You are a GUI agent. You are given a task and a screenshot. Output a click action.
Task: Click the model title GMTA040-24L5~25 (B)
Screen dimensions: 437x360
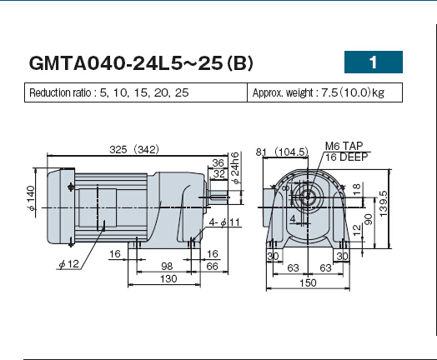[x=141, y=63]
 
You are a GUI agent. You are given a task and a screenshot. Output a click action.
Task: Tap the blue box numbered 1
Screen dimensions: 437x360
[x=374, y=62]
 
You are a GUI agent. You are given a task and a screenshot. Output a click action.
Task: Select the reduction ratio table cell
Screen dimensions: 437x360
[x=136, y=92]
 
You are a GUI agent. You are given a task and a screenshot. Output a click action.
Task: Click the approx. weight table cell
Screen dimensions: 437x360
[x=324, y=92]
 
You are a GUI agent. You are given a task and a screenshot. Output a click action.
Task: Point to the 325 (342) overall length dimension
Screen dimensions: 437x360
[x=134, y=149]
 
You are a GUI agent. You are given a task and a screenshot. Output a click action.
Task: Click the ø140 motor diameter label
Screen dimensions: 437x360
[x=31, y=198]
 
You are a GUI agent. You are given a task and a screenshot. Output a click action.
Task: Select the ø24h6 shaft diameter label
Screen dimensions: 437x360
[x=235, y=167]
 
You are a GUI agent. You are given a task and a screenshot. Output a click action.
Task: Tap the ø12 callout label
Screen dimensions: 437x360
[x=69, y=264]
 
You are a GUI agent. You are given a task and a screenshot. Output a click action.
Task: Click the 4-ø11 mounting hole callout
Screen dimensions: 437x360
[x=224, y=222]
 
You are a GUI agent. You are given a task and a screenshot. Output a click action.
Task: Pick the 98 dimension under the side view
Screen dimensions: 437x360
[x=167, y=266]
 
